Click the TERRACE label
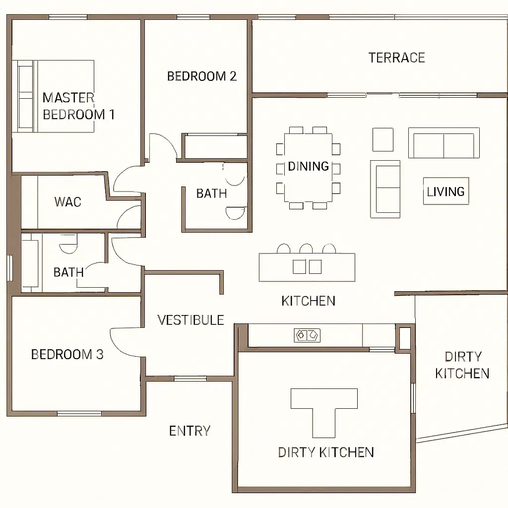tap(396, 58)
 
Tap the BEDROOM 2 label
tap(201, 76)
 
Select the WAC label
tap(67, 202)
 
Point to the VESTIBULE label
tap(190, 320)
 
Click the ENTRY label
tap(190, 431)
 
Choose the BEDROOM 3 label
tap(67, 354)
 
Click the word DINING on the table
tap(309, 166)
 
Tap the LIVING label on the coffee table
tap(446, 191)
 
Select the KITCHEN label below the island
tap(308, 301)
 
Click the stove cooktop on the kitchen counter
tap(307, 335)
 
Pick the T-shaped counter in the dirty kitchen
tap(324, 402)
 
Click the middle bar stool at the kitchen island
tap(306, 249)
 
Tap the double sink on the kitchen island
tap(307, 267)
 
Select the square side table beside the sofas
tap(383, 139)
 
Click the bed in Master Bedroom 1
tap(53, 96)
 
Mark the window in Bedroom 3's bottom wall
tap(79, 413)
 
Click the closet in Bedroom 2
tap(215, 147)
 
